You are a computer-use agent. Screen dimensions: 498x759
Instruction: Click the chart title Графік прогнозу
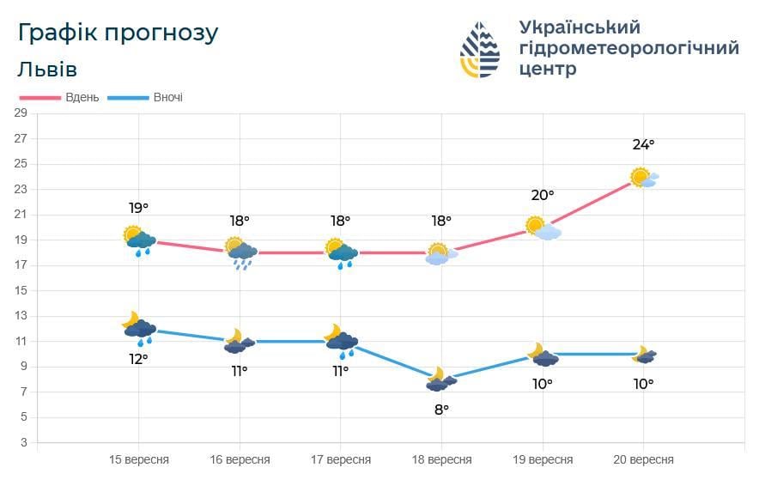[x=118, y=33]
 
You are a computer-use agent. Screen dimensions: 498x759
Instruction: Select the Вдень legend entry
[x=82, y=97]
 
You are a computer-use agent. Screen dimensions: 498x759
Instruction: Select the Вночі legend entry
[x=167, y=97]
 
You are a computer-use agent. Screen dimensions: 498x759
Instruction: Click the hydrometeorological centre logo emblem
[x=480, y=50]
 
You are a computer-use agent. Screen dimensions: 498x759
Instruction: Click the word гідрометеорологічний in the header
[x=628, y=48]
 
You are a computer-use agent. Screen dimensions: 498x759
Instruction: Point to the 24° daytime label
[x=643, y=144]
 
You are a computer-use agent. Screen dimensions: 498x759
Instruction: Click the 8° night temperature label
[x=441, y=410]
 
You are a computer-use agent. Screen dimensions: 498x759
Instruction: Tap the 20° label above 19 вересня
[x=543, y=196]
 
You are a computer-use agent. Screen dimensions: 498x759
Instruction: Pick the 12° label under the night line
[x=138, y=359]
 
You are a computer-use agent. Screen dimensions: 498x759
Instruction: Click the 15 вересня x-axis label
[x=139, y=459]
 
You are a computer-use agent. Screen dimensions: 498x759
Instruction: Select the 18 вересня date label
[x=441, y=459]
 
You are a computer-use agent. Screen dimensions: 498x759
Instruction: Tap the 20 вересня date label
[x=643, y=459]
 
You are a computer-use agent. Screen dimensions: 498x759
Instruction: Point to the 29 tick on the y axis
[x=21, y=112]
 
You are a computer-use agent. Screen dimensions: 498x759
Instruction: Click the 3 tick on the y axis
[x=23, y=442]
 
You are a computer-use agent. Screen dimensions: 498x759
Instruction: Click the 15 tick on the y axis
[x=21, y=290]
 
